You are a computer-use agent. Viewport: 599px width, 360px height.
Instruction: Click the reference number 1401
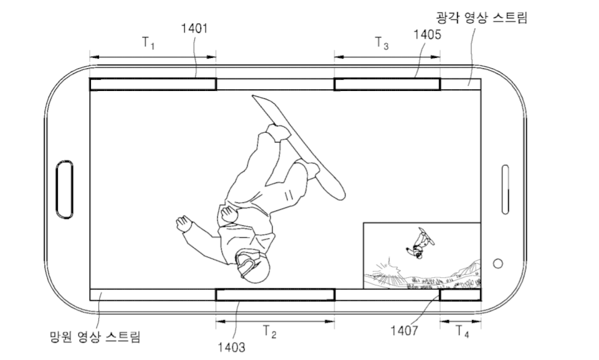coord(194,28)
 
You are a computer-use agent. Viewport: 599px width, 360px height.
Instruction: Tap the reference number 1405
coord(427,35)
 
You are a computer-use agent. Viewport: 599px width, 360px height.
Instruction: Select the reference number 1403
coord(232,347)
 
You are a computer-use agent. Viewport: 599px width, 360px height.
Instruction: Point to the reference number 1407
coord(404,330)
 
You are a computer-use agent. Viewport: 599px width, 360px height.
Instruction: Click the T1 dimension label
coord(149,42)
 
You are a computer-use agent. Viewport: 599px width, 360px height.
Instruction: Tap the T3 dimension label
coord(382,43)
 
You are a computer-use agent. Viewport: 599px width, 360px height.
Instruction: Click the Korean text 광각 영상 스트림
coord(481,17)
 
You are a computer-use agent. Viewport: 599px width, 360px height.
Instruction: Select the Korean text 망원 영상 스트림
coord(95,337)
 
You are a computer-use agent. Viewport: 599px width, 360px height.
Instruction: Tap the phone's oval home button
coord(64,189)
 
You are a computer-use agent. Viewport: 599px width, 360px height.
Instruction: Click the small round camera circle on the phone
coord(498,263)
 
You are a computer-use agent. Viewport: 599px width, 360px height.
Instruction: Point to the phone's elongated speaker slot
coord(505,189)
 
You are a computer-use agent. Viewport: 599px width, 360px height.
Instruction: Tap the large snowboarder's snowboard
coord(299,147)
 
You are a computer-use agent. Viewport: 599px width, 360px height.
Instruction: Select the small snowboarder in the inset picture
coord(420,243)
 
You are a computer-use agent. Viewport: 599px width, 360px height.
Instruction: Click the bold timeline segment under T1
coord(153,85)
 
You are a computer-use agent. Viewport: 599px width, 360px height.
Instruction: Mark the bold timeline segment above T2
coord(275,295)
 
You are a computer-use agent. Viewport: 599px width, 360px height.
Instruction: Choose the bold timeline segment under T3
coord(387,85)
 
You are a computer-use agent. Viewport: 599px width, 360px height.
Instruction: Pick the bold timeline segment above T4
coord(460,295)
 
